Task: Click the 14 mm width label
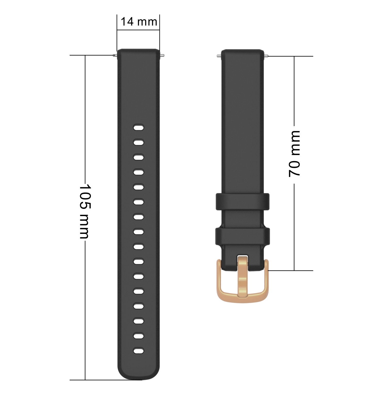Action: [x=139, y=22]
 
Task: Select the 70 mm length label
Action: [x=294, y=154]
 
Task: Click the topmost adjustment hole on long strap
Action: [x=139, y=127]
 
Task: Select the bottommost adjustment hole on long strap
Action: [x=139, y=351]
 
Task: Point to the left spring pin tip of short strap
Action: [x=218, y=56]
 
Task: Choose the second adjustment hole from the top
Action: [x=139, y=142]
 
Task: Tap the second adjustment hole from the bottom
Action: [x=139, y=336]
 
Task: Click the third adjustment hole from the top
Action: [x=139, y=157]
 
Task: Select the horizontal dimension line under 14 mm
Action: [x=139, y=30]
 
